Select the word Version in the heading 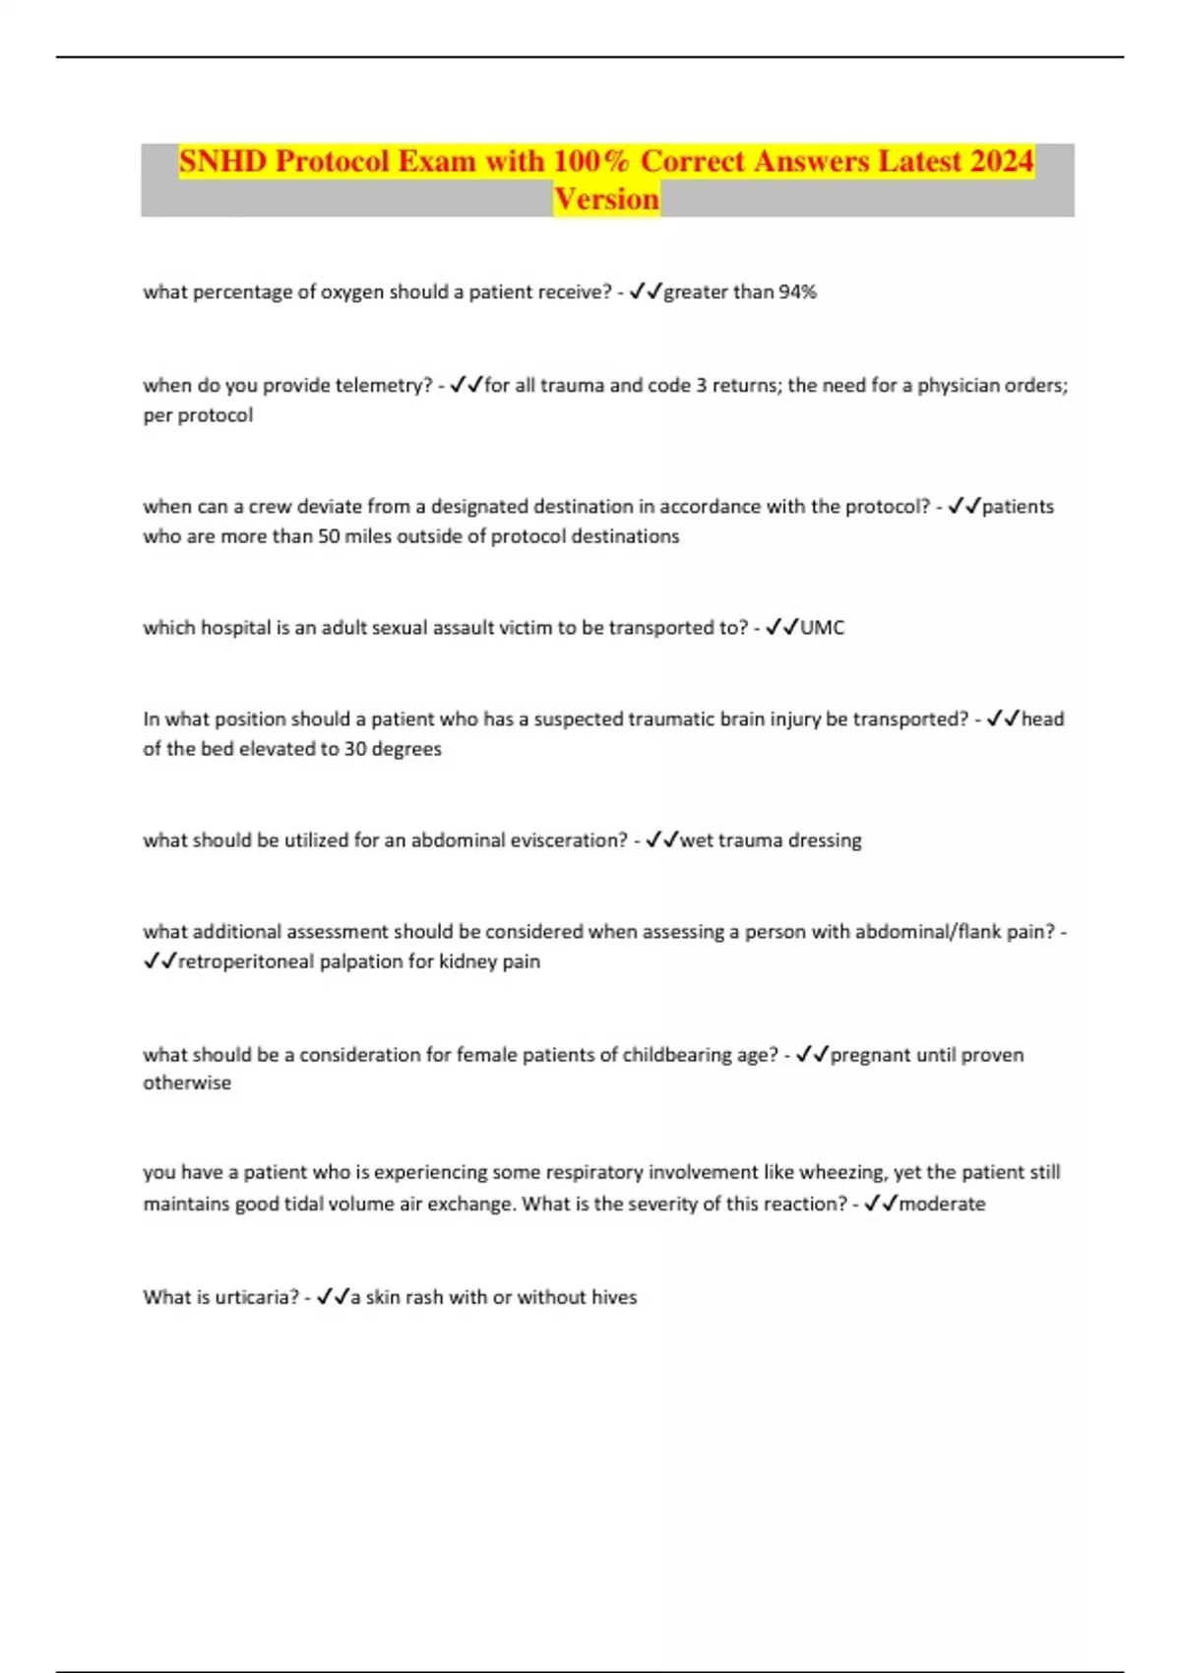coord(606,199)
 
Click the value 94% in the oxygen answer coord(797,292)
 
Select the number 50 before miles coord(329,536)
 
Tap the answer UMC coord(822,628)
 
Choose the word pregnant coord(870,1055)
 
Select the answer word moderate coord(942,1204)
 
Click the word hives coord(613,1297)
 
